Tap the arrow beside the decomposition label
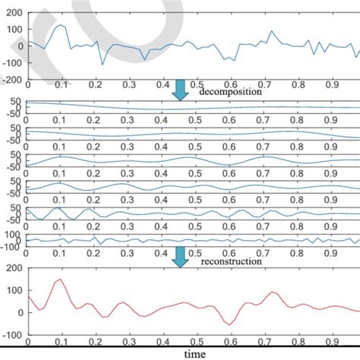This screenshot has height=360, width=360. click(x=180, y=90)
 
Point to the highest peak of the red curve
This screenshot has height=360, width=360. click(x=61, y=279)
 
